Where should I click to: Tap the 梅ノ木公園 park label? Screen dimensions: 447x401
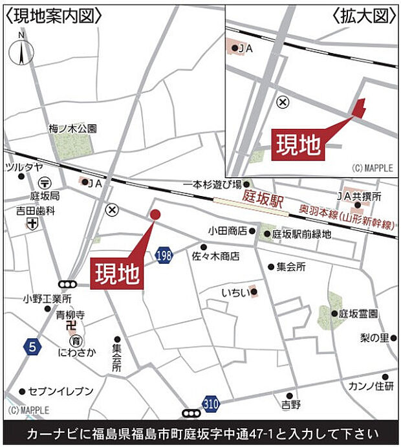[72, 129]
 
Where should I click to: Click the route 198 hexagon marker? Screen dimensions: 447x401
[164, 256]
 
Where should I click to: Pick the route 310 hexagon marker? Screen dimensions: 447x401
[210, 402]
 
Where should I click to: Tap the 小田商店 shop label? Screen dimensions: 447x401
[228, 231]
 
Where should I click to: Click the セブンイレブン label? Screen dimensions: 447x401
[61, 391]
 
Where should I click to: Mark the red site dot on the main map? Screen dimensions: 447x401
[155, 215]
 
